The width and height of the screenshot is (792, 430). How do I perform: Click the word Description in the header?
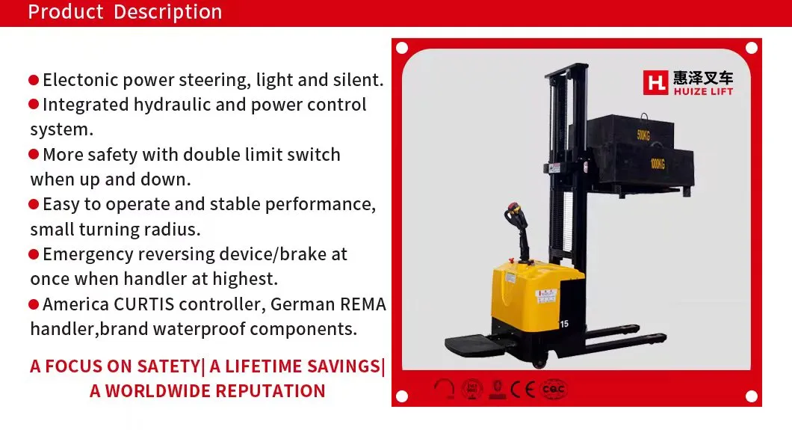tap(168, 12)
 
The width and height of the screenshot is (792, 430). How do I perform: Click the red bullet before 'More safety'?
tap(34, 155)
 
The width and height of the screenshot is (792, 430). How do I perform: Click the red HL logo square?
tap(655, 82)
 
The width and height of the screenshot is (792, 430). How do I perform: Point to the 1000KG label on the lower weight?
tap(658, 163)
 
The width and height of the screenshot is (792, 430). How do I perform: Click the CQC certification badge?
tap(554, 388)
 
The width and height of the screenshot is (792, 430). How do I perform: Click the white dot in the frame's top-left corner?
tap(402, 49)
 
